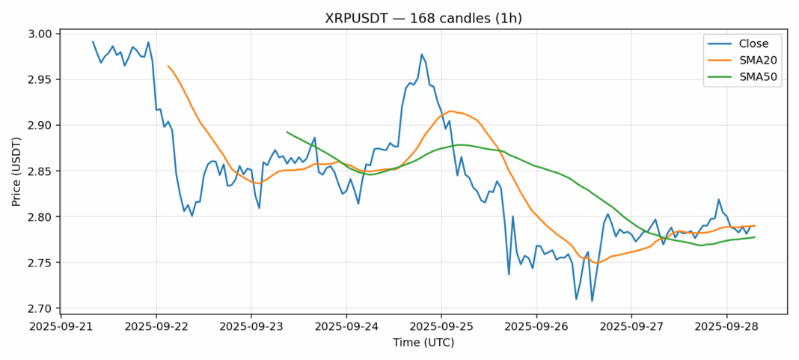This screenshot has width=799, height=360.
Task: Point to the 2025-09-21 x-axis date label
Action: pos(61,327)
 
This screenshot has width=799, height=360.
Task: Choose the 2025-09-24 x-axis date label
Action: pos(346,327)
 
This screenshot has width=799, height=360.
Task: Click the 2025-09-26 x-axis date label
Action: pos(536,327)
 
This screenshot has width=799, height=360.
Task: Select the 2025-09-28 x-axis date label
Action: pos(726,327)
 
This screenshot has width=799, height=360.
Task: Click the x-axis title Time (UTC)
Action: pos(424,343)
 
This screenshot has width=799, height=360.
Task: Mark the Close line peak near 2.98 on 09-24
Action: pos(422,54)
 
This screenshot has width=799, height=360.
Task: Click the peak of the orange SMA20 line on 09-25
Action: pos(451,111)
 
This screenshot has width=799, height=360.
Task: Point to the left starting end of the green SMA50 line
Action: pos(287,132)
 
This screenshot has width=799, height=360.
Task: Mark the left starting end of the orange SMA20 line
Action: pos(168,66)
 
